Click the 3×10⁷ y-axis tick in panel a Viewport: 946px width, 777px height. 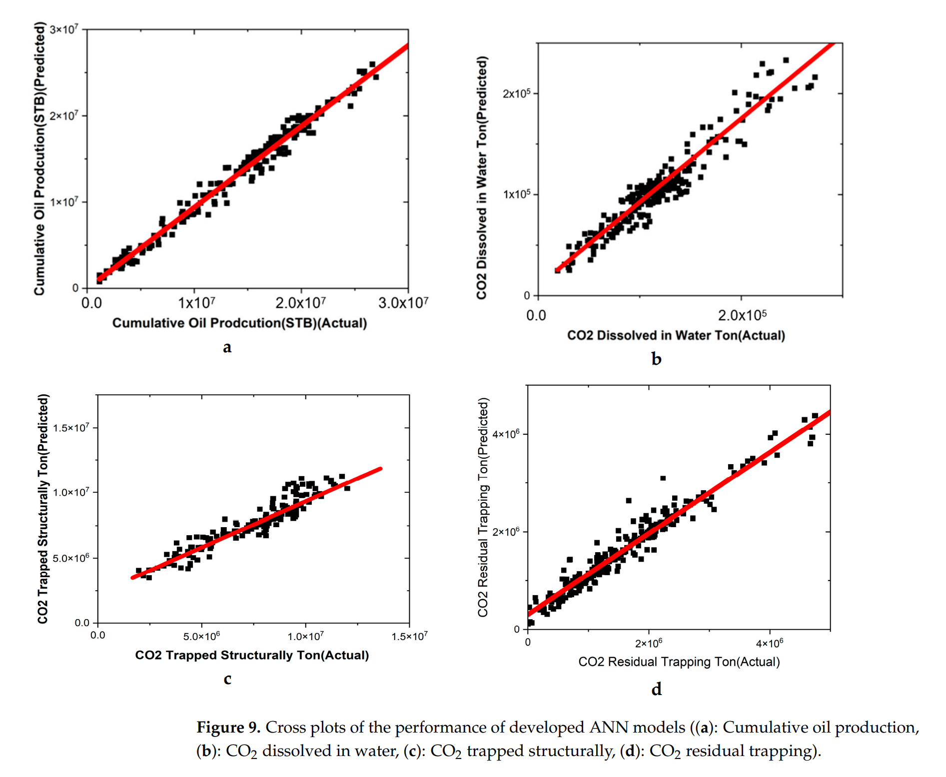pyautogui.click(x=63, y=29)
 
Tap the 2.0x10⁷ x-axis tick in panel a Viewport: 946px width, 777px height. pyautogui.click(x=300, y=303)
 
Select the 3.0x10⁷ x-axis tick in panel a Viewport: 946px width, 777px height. pyautogui.click(x=403, y=303)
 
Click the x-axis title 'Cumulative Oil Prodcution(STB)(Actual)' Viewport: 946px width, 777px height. pyautogui.click(x=239, y=323)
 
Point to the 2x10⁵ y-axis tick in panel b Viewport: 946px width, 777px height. pyautogui.click(x=516, y=93)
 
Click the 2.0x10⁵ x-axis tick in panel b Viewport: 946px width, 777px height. pyautogui.click(x=742, y=315)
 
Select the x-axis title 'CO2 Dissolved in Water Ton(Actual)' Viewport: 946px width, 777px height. pyautogui.click(x=676, y=335)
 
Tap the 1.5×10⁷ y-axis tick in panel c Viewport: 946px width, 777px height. pyautogui.click(x=71, y=428)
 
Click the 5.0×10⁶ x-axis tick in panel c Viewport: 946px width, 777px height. pyautogui.click(x=201, y=636)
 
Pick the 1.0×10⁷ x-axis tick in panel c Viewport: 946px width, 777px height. pyautogui.click(x=305, y=636)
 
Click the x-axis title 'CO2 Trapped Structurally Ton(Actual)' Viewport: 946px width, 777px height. pyautogui.click(x=252, y=655)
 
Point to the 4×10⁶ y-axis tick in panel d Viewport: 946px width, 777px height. pyautogui.click(x=506, y=434)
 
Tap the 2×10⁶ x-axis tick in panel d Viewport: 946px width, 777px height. pyautogui.click(x=649, y=643)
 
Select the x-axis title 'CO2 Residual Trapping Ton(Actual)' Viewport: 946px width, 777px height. pyautogui.click(x=679, y=662)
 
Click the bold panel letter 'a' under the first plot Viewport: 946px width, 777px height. pyautogui.click(x=227, y=347)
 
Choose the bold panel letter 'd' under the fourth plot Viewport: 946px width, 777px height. pyautogui.click(x=656, y=690)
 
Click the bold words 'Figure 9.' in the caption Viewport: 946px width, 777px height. pyautogui.click(x=228, y=727)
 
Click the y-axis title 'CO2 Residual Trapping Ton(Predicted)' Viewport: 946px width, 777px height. pyautogui.click(x=483, y=507)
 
